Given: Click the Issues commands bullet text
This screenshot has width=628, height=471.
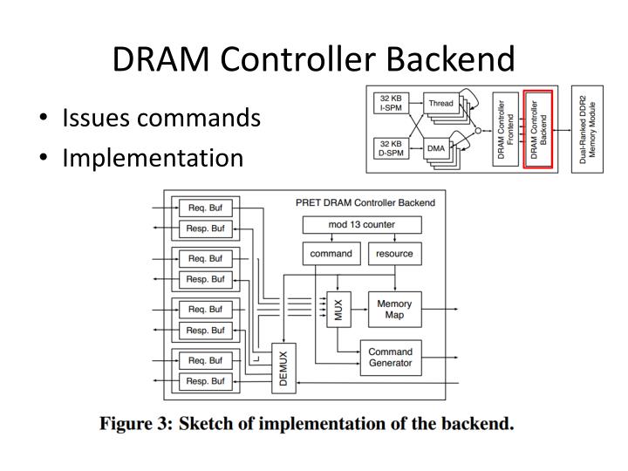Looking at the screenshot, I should [160, 118].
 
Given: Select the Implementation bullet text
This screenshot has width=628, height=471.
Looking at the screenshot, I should [152, 158].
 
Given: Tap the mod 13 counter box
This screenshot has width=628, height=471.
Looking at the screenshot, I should [361, 225].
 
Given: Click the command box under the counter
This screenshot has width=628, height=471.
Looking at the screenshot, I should [331, 254].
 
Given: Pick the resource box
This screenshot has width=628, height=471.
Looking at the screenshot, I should [394, 254].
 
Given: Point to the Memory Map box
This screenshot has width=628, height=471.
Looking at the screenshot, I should [394, 309].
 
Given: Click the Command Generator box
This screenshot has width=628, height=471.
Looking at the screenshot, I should [390, 358].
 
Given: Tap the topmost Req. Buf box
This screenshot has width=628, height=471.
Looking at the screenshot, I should [206, 208].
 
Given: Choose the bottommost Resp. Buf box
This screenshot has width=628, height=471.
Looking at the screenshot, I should [206, 381].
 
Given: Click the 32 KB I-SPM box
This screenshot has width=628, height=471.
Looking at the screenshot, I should [390, 103].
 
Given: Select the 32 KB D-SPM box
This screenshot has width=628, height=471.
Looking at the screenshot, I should [390, 148].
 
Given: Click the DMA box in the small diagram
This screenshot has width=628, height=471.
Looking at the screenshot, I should [437, 149].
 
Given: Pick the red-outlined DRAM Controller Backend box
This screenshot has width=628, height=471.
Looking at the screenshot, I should [539, 128].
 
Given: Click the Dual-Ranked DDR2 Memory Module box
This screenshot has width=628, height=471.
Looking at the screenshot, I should [587, 128].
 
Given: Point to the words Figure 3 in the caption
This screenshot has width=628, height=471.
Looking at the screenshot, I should [134, 425].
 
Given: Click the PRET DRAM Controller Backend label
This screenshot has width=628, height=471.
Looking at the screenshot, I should [365, 202].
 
